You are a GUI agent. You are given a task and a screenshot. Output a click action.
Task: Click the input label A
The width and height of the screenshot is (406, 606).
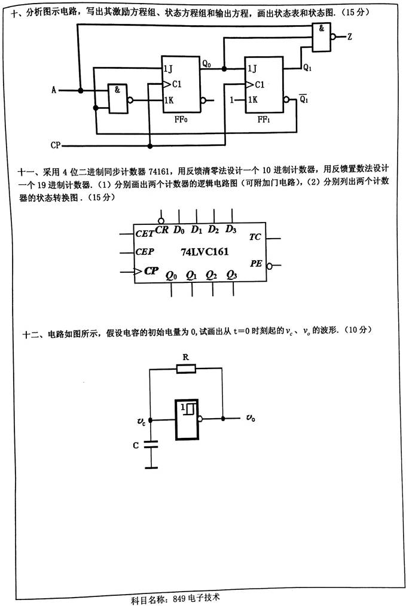point(54,90)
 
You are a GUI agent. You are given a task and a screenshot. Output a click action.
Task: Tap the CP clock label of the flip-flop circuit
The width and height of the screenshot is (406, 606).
point(55,145)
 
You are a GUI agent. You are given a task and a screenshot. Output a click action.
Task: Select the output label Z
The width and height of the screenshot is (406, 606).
point(349,37)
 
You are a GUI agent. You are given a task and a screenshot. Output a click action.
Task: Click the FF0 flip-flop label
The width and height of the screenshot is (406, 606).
point(179,119)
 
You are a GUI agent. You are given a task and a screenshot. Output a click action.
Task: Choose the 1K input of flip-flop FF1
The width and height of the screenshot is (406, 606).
point(252,100)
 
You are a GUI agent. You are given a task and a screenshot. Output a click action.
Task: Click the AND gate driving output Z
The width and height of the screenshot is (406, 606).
point(322,37)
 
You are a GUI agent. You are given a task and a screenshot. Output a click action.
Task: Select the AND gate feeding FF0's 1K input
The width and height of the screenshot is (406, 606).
point(117,98)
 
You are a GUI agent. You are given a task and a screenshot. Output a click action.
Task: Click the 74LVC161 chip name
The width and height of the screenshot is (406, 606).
point(204,252)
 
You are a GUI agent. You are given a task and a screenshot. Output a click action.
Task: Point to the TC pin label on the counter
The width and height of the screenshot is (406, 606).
point(255,237)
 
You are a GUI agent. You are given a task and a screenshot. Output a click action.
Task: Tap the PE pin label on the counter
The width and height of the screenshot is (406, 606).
point(256,264)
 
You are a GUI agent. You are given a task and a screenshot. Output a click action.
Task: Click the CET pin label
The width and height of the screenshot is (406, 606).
point(144,233)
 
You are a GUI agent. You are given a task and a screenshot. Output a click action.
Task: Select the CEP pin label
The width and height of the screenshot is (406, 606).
point(144,252)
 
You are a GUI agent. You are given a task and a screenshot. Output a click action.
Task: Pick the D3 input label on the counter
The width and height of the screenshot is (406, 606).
point(231,229)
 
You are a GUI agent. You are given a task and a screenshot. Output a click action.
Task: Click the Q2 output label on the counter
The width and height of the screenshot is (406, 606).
point(211,275)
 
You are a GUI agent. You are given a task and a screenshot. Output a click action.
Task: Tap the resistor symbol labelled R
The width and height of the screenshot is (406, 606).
point(186,370)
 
